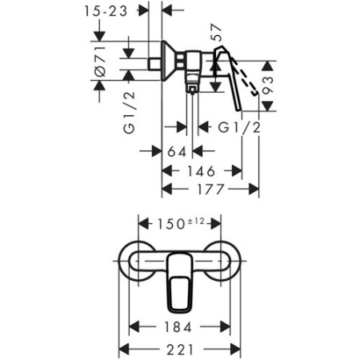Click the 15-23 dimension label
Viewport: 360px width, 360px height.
(112, 11)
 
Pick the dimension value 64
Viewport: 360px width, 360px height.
(178, 151)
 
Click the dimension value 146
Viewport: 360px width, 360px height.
(202, 170)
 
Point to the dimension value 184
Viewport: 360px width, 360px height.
(180, 326)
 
